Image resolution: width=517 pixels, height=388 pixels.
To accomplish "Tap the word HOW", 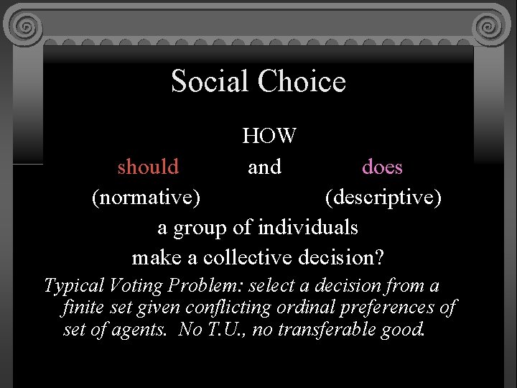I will point(269,135).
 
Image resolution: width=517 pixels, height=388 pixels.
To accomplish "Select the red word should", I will point(149,167).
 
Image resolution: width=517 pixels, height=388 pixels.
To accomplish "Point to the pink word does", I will point(382,167).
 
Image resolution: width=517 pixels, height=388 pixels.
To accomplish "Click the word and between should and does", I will point(264,167).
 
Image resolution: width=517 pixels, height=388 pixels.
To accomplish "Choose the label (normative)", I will point(146,197).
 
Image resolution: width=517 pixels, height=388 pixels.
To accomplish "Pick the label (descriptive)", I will point(383,197).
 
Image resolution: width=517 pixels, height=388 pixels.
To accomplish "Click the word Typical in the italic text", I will point(75,286).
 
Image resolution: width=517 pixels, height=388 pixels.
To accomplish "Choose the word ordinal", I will point(304,308).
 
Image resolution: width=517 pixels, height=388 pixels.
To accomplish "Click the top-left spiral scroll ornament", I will point(26,27).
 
